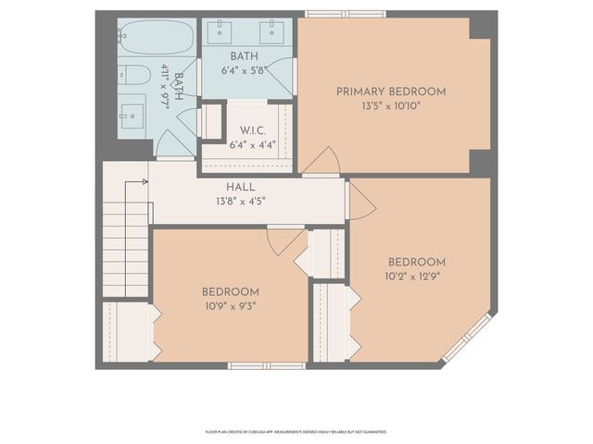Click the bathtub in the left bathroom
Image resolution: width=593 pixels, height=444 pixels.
click(x=156, y=39)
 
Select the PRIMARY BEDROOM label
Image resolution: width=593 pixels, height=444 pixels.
click(x=390, y=92)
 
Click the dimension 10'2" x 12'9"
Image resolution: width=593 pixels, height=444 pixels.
click(x=416, y=275)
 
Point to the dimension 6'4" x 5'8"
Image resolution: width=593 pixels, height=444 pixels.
click(x=244, y=69)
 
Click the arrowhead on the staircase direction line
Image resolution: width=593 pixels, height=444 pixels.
click(x=145, y=181)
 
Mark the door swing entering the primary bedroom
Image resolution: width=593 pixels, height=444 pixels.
click(x=322, y=163)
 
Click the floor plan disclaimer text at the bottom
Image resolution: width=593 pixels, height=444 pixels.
click(x=296, y=431)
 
